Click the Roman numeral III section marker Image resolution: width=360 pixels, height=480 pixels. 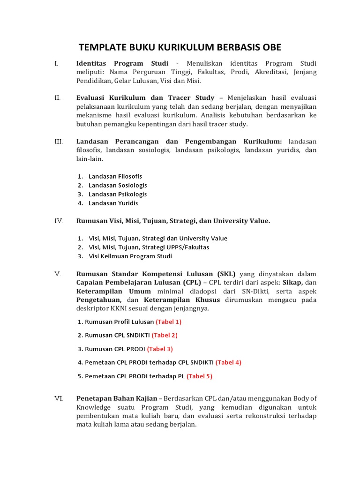[59, 141]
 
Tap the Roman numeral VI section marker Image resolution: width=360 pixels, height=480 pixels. [59, 398]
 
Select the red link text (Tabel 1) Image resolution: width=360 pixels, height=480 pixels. [168, 322]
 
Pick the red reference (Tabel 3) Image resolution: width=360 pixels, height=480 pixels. [160, 349]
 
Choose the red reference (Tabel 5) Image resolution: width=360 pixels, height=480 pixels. [200, 376]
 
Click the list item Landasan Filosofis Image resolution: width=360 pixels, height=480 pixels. [115, 176]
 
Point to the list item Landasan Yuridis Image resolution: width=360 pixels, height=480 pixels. [113, 203]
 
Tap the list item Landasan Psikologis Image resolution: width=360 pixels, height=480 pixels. [118, 194]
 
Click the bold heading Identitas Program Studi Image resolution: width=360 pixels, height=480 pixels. [122, 63]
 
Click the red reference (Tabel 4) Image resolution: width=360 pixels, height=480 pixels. [228, 362]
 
